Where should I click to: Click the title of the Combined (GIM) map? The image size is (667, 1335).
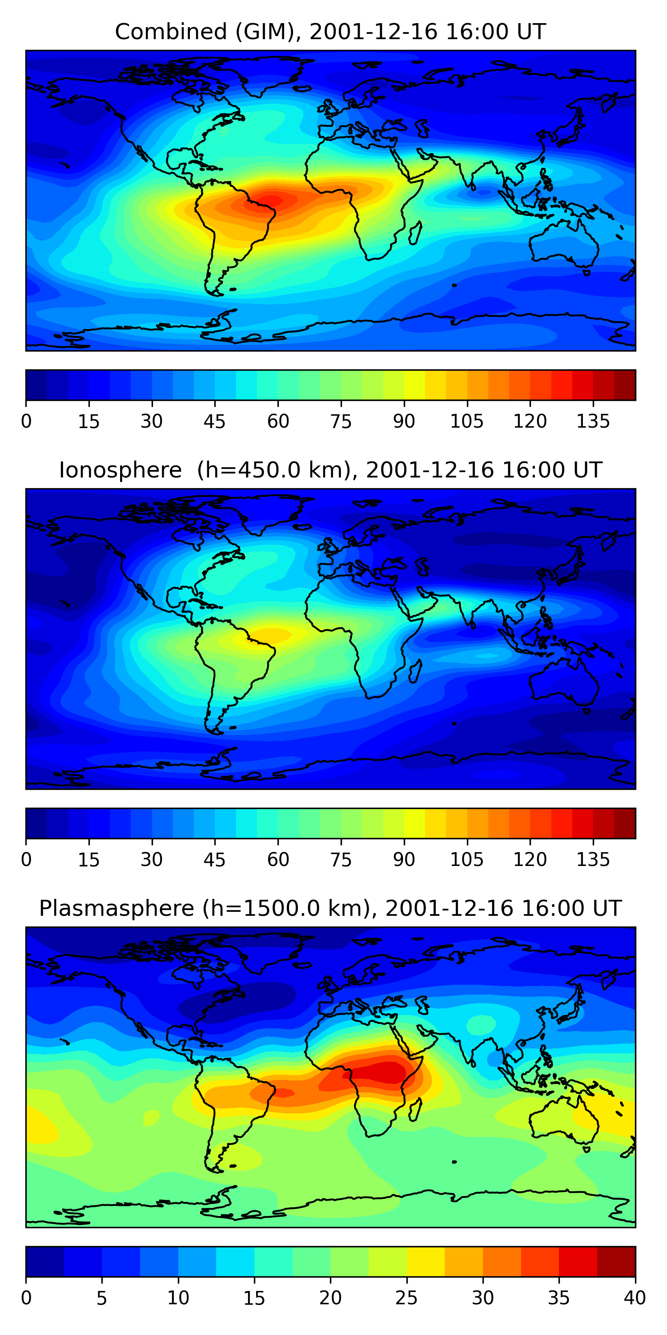coord(330,32)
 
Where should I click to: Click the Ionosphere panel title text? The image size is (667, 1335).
coord(330,470)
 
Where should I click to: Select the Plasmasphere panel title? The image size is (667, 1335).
coord(330,909)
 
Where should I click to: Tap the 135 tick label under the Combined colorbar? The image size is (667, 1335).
coord(593,421)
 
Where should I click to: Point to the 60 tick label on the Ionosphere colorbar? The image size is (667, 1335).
coord(278,860)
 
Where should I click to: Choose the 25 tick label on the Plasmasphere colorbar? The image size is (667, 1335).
coord(406,1298)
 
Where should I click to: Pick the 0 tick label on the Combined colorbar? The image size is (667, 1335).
coord(26,421)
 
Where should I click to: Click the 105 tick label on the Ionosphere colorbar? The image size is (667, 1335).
coord(466,860)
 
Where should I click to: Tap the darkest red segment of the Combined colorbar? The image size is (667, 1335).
coord(625,385)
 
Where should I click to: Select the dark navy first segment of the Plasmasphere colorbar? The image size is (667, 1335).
coord(44,1262)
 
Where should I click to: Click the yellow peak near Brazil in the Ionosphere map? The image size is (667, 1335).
coord(272,633)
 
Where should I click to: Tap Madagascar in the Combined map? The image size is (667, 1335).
coord(415,233)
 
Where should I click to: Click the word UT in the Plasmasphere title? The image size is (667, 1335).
coord(608,909)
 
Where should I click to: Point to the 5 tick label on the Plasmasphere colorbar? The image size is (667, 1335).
coord(101,1298)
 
